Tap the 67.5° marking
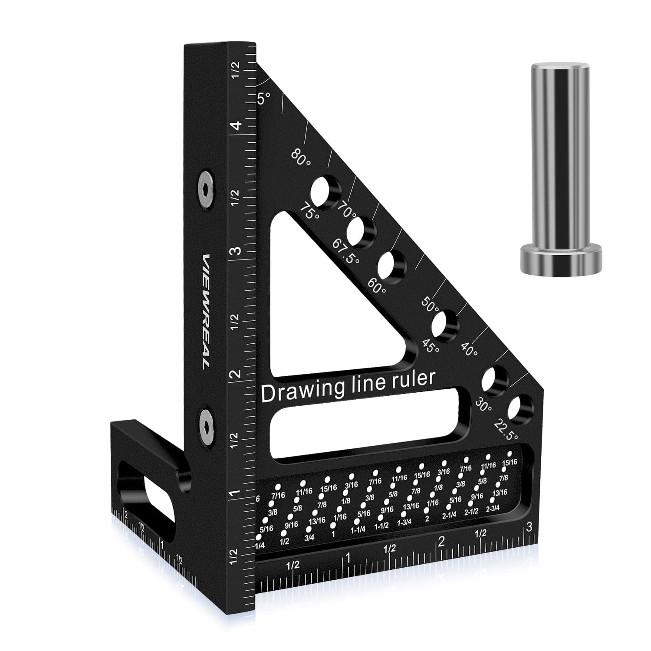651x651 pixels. [346, 252]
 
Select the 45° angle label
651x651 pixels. [431, 346]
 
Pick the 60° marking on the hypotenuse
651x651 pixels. [377, 285]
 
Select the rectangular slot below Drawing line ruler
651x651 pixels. [365, 423]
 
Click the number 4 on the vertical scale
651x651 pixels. [236, 126]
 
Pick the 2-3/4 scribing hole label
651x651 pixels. [492, 508]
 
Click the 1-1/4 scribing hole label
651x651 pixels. [358, 529]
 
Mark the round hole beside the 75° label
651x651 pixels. [325, 191]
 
